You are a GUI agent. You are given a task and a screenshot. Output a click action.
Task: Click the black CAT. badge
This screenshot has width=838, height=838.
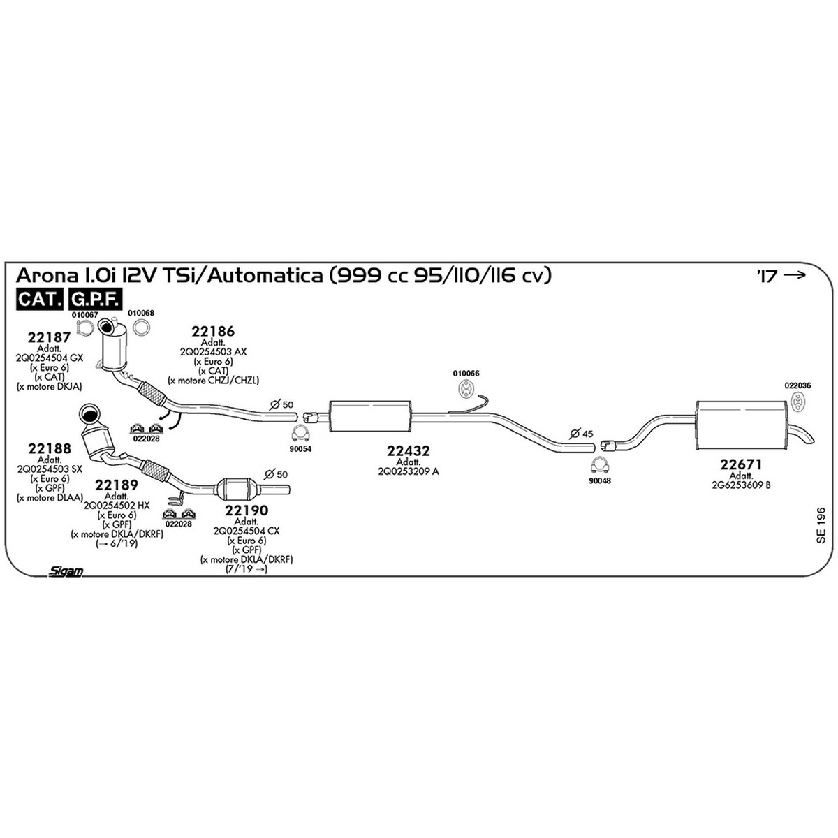[x=40, y=299]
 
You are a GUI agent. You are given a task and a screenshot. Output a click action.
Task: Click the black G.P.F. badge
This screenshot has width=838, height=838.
[x=95, y=299]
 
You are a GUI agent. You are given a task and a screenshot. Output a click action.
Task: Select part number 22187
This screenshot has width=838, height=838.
[x=49, y=337]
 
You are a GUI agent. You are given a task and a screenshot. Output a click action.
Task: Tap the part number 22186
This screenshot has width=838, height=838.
[x=213, y=332]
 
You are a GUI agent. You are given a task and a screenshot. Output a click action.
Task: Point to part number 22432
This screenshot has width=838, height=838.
[x=409, y=451]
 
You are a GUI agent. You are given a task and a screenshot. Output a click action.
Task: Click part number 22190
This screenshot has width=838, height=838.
[x=247, y=510]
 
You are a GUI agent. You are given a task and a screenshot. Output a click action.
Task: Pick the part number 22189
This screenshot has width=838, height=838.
[x=117, y=485]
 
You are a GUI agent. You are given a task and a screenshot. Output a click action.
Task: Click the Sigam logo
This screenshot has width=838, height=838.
[x=65, y=571]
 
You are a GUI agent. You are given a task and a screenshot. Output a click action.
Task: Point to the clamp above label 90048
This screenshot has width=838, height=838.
[x=600, y=466]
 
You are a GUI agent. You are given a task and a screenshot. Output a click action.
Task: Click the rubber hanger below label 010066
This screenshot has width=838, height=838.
[x=466, y=388]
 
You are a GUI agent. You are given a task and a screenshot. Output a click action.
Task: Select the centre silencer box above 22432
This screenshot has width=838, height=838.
[x=370, y=416]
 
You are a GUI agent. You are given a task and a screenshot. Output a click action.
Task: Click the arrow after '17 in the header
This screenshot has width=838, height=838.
[x=794, y=275]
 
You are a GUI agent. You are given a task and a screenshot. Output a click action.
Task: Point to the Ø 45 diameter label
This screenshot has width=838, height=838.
[x=582, y=434]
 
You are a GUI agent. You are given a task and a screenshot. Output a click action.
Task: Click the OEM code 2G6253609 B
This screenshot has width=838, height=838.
[x=741, y=485]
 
